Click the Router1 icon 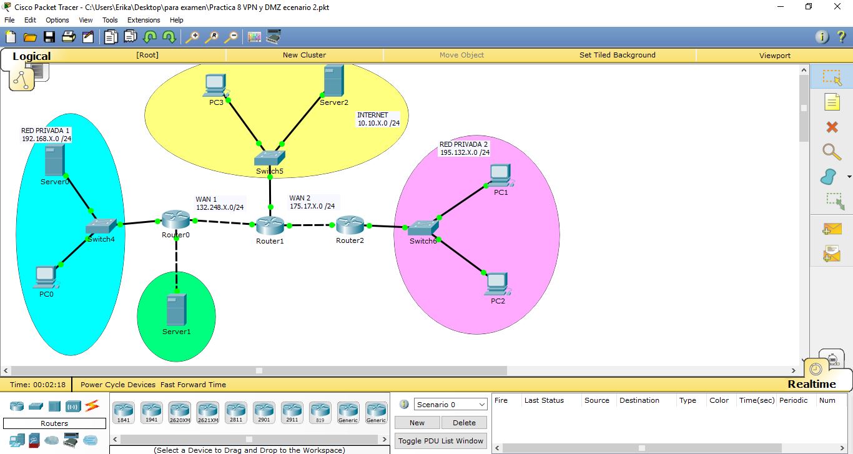point(270,225)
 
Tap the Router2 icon point(350,224)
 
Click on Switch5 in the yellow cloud point(270,157)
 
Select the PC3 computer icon point(215,86)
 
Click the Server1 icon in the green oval point(176,310)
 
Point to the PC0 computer point(46,275)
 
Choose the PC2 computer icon point(497,283)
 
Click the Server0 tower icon point(54,160)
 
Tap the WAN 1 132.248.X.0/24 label point(220,204)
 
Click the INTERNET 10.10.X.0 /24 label point(378,119)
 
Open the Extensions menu point(144,20)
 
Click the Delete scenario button point(464,423)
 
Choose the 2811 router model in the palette point(236,412)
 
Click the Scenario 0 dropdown point(450,405)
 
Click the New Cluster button point(304,55)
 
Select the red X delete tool point(832,127)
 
